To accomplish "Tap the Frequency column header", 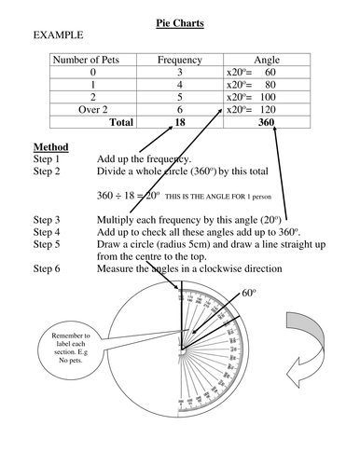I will (180, 60).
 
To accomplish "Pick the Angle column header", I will (266, 60).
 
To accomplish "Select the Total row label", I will (121, 122).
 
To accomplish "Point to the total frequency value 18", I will (180, 122).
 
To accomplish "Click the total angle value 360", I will (265, 122).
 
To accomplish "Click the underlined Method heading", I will (50, 147).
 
